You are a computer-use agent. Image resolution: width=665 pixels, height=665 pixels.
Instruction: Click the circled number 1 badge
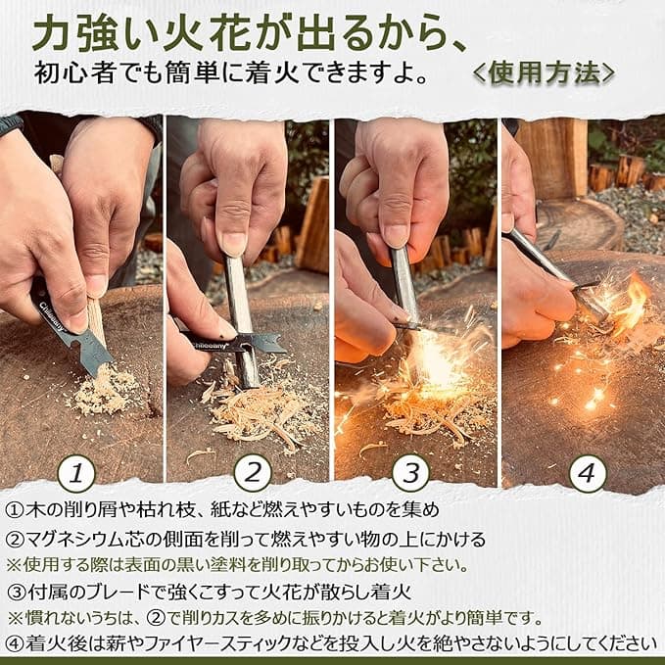coord(76,473)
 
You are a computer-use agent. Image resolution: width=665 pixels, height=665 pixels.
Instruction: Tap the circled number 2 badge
coord(253,473)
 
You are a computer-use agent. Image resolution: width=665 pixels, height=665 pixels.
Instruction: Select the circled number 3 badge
coord(411,473)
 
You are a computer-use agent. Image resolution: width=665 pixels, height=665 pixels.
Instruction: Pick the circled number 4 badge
coord(587,473)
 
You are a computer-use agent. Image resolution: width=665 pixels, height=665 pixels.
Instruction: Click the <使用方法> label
coord(544,73)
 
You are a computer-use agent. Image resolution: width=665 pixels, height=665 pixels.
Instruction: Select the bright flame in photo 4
coord(632,301)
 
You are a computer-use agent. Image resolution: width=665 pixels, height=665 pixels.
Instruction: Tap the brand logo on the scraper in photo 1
coord(53,316)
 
